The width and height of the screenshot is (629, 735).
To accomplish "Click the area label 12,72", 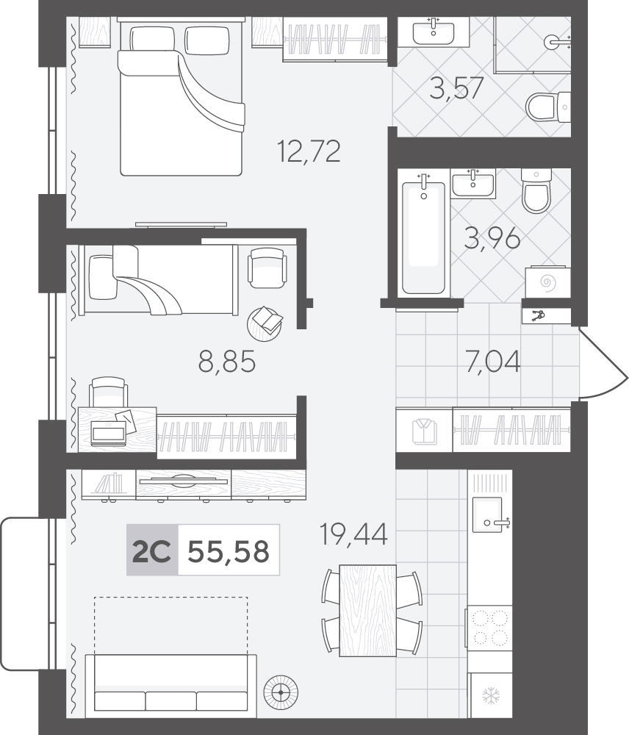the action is (x=309, y=151).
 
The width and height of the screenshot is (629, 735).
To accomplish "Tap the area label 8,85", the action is (x=227, y=362).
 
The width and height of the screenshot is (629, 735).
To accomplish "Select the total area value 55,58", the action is (x=229, y=551).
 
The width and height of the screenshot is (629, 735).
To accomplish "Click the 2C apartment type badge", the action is (x=152, y=551).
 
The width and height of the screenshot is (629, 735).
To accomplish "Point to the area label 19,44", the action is (x=353, y=534).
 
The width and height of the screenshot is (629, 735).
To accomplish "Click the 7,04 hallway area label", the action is (x=492, y=362).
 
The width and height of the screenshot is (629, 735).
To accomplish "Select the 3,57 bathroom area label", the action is (x=456, y=88).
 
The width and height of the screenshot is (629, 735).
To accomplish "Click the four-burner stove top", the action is (x=490, y=628).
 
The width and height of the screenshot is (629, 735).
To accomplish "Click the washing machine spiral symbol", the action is (x=547, y=283).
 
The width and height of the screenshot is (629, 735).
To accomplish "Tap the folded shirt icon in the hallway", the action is (x=424, y=430).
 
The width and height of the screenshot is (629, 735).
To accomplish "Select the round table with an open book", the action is (x=265, y=323).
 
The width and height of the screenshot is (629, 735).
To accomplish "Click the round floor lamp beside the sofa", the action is (x=281, y=692).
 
